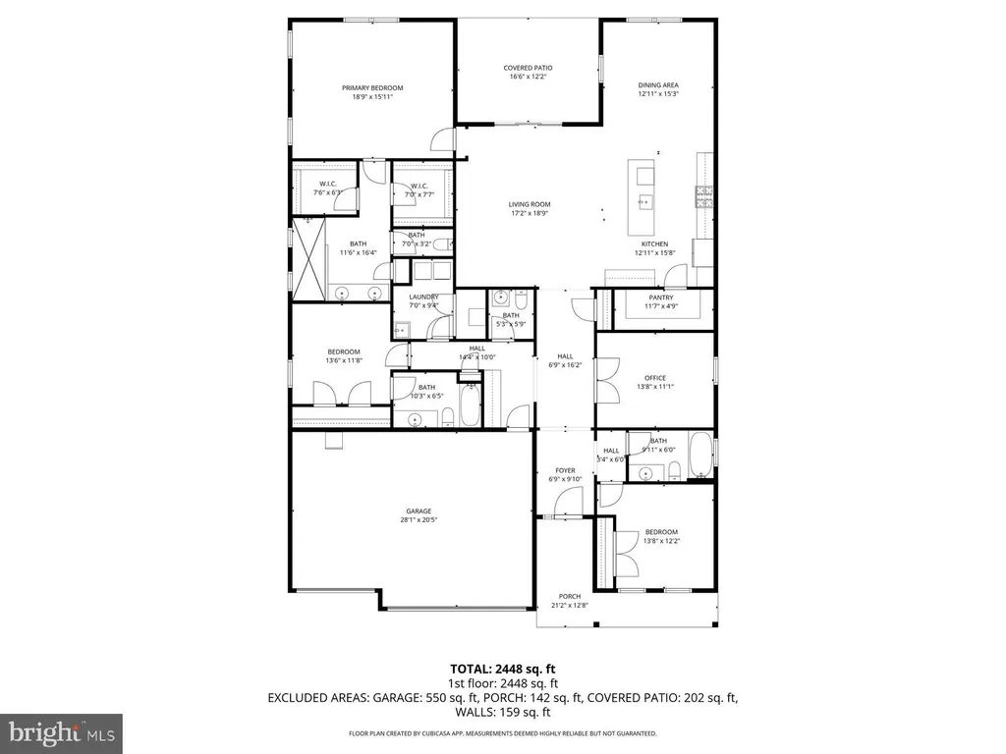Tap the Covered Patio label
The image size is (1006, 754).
(529, 68)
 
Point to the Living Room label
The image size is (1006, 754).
(530, 204)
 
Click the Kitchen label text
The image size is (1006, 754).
(655, 243)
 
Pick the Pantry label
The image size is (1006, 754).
(660, 297)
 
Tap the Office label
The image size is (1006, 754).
(655, 378)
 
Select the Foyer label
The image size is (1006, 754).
(565, 470)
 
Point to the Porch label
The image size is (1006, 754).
(569, 596)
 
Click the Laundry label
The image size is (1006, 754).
(423, 297)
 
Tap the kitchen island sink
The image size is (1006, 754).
(644, 203)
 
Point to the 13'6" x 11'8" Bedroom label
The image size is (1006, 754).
(344, 351)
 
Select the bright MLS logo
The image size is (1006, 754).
(61, 731)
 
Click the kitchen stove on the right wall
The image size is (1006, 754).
(703, 197)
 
